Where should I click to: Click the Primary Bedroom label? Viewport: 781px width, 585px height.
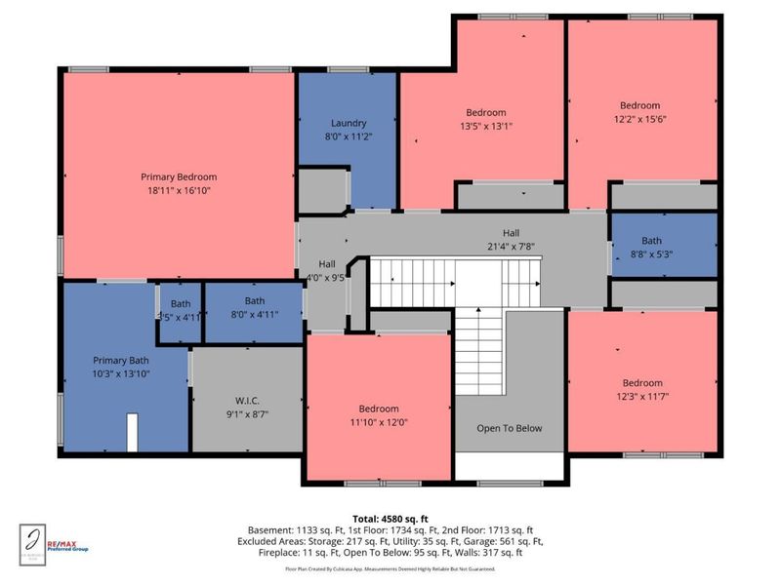point(178,176)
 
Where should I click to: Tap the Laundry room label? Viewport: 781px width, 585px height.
point(348,123)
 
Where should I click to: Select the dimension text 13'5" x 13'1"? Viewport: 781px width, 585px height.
point(485,126)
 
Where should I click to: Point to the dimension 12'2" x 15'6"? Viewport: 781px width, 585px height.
point(639,119)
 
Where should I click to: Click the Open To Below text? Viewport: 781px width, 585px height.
point(509,428)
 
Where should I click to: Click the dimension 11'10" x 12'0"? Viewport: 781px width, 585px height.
point(378,421)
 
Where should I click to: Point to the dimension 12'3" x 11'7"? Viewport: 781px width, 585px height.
point(642,396)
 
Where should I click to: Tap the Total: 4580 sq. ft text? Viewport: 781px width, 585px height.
point(390,518)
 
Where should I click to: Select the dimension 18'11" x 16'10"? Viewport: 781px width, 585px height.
point(178,190)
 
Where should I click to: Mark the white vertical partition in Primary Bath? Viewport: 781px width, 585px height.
point(132,431)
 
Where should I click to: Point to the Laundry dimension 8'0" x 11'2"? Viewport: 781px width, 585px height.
point(348,136)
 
